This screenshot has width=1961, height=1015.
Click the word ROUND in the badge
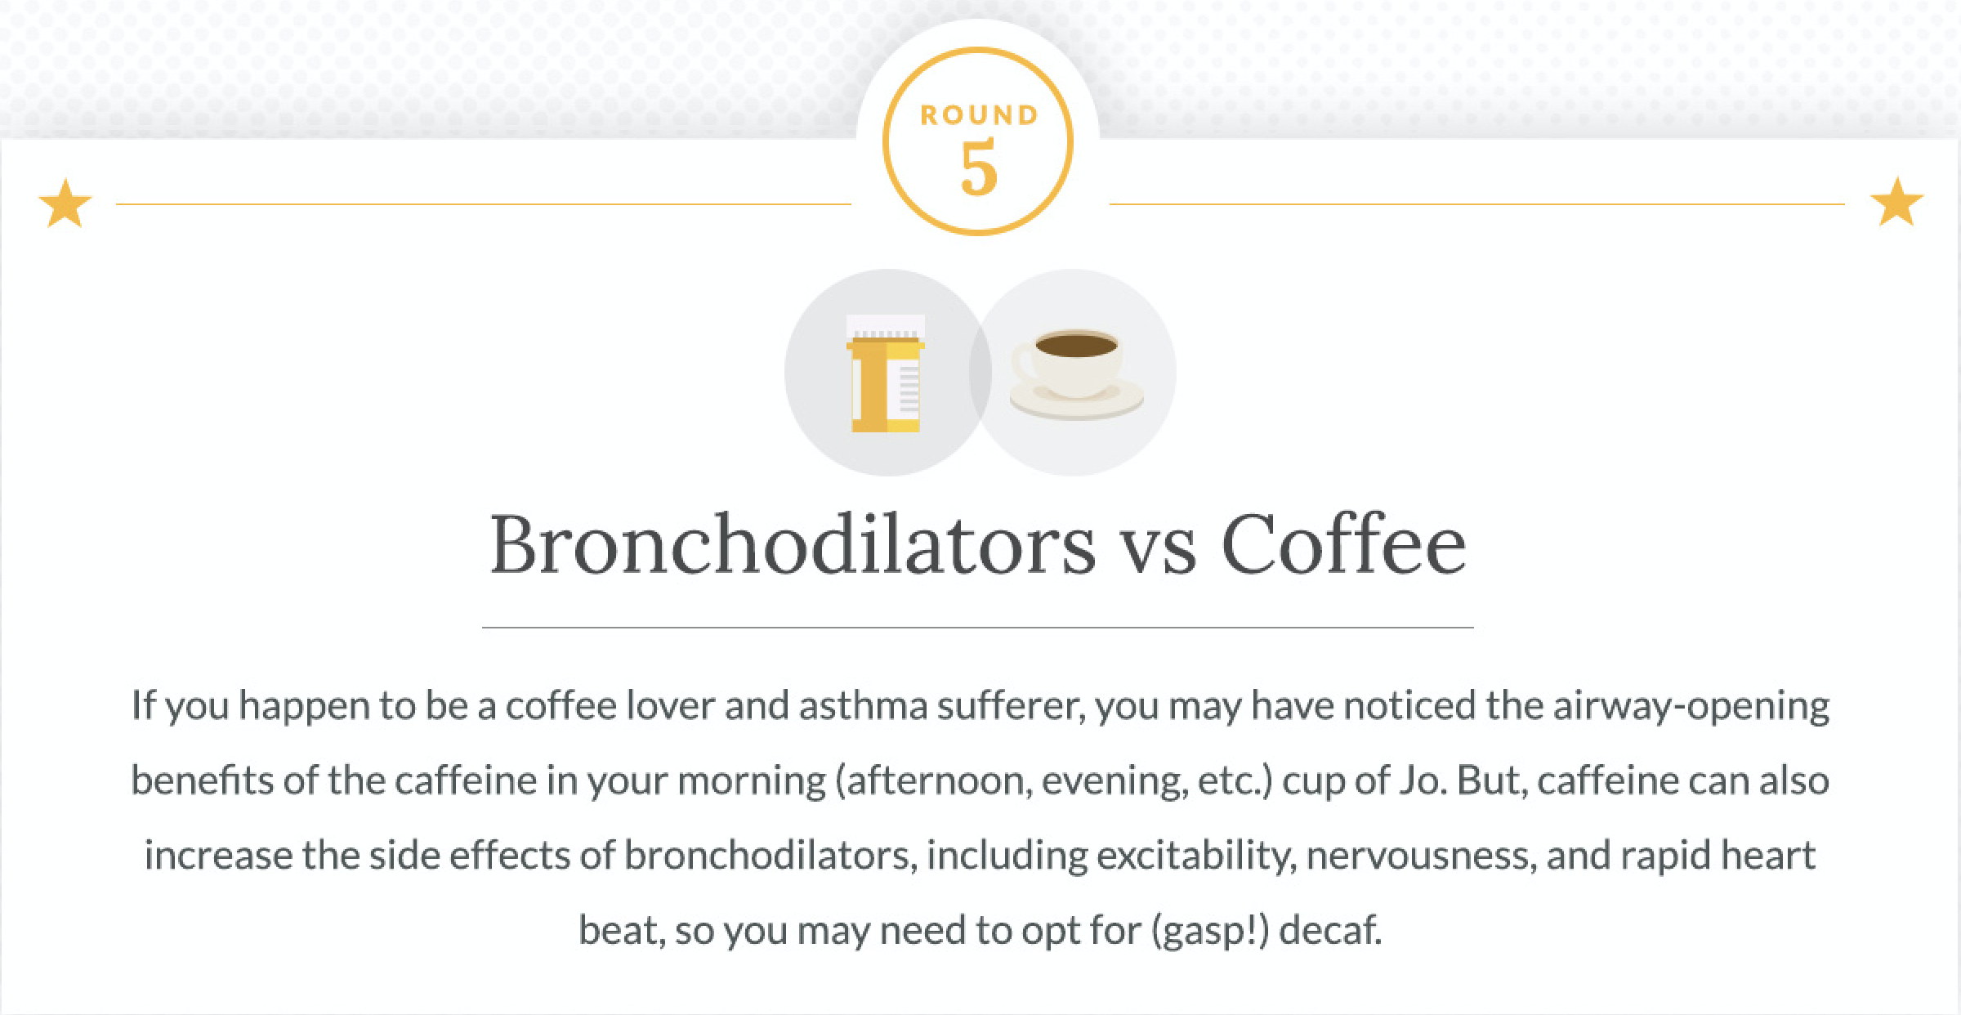pos(979,115)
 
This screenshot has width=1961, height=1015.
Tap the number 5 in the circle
pos(979,168)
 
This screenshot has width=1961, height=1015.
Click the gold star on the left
pos(65,203)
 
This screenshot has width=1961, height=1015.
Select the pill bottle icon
pos(886,373)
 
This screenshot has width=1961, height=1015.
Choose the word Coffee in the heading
pos(1344,545)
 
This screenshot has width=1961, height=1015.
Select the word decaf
pos(1330,931)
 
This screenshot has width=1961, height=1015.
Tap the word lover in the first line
pos(669,705)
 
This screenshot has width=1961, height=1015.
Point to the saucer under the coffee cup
pos(1077,400)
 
